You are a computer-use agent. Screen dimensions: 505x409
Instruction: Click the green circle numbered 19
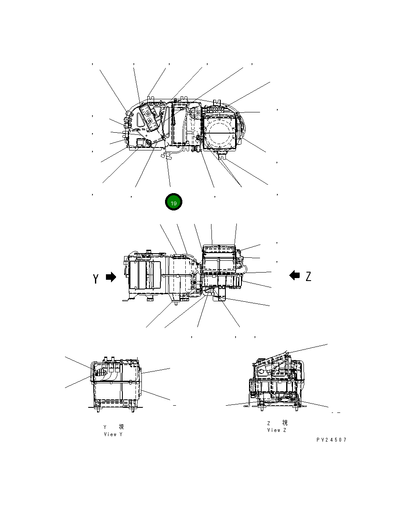click(173, 202)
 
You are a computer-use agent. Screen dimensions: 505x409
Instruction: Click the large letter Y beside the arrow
click(96, 278)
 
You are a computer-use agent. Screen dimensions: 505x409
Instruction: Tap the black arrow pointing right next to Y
click(111, 277)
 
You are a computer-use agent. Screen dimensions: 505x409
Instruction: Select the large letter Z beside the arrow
click(309, 276)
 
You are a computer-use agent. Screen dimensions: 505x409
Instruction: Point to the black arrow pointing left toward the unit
click(295, 276)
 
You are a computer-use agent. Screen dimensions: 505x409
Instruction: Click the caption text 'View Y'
click(113, 434)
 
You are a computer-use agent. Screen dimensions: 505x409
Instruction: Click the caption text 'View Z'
click(276, 430)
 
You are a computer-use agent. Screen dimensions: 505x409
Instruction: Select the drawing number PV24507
click(331, 440)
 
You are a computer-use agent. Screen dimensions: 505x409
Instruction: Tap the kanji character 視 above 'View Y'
click(121, 427)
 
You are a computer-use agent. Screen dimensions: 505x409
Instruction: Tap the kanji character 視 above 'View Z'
click(285, 423)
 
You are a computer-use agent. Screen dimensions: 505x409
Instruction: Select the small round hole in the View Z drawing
click(262, 372)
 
